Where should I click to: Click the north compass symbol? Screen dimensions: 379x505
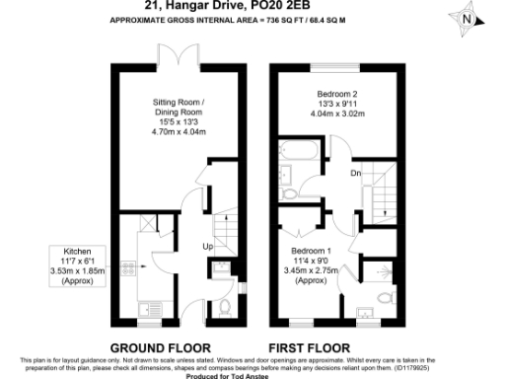pos(469,18)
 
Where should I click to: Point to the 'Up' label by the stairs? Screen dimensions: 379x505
pos(207,246)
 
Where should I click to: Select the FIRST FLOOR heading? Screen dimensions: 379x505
pos(310,347)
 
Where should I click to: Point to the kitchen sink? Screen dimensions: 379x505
pos(152,307)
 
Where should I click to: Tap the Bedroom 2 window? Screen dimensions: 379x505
pos(335,66)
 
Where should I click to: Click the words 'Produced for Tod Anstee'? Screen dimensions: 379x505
pos(253,374)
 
